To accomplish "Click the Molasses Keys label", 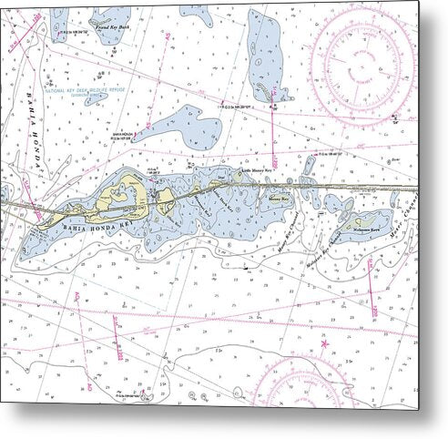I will (368, 219).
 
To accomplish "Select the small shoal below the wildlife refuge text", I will (96, 100).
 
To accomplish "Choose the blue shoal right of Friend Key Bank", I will (196, 14).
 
